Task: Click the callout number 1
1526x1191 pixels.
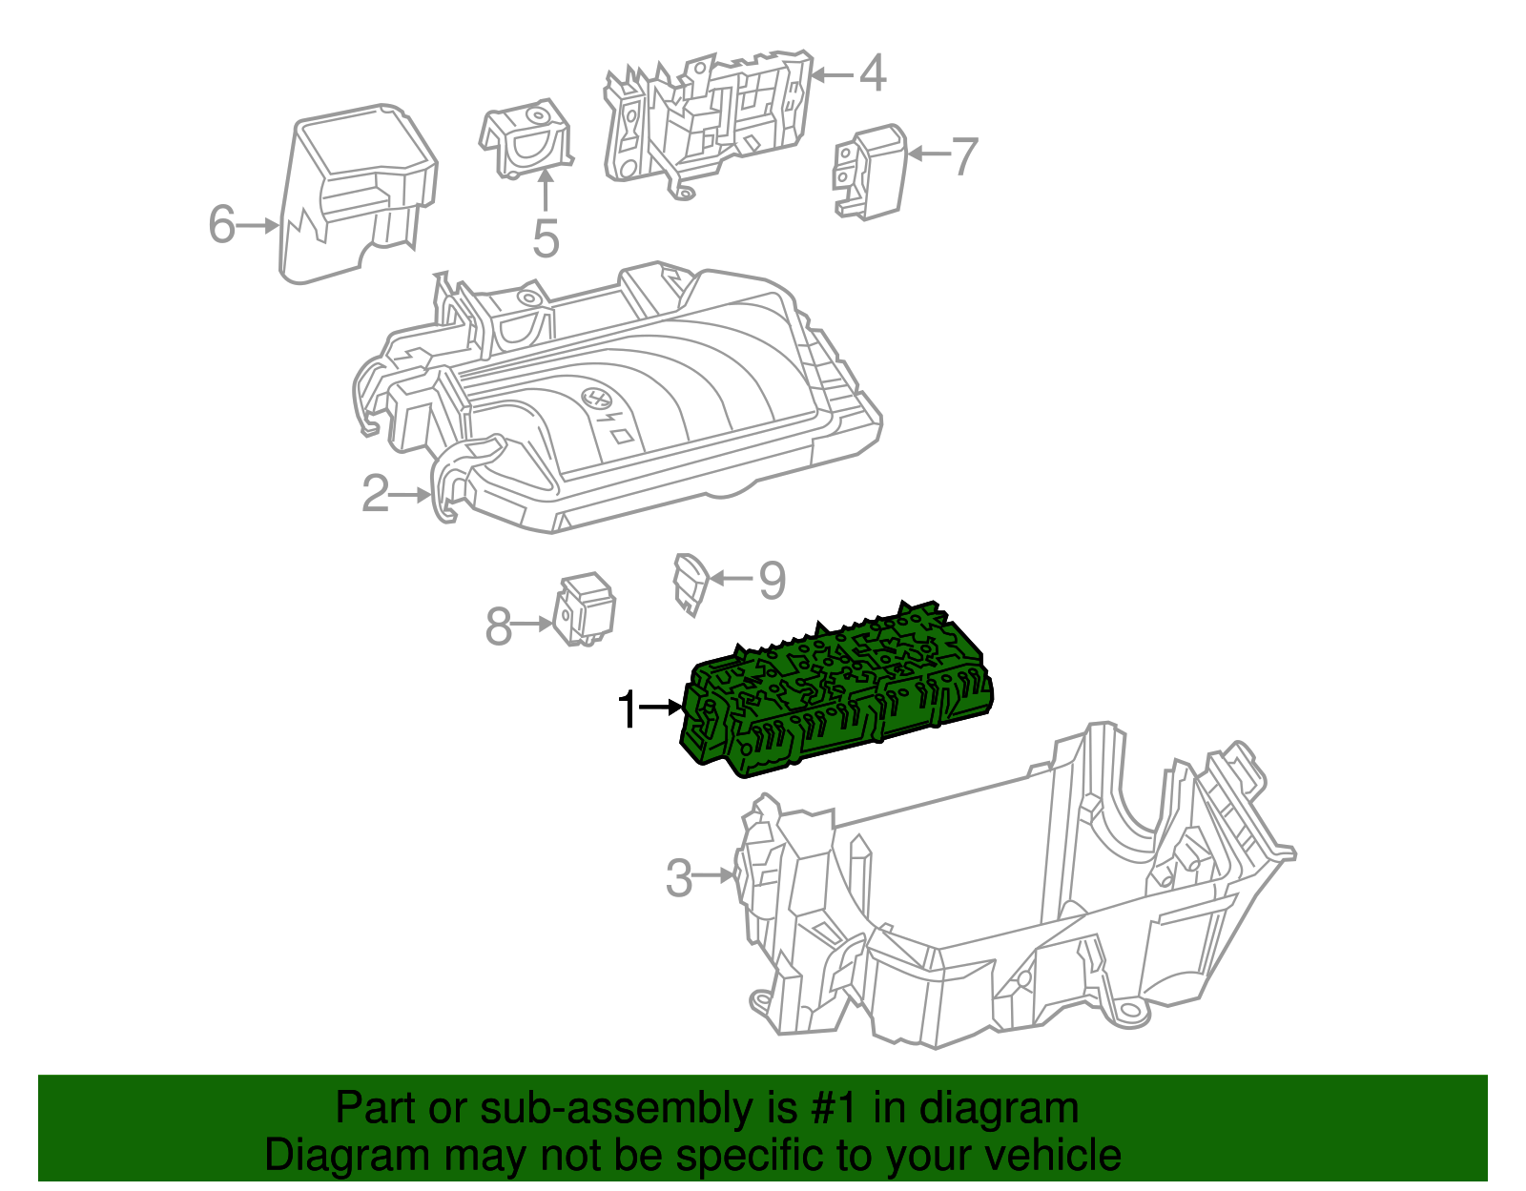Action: pyautogui.click(x=626, y=709)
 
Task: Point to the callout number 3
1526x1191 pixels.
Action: pyautogui.click(x=678, y=877)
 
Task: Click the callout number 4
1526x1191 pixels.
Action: pyautogui.click(x=873, y=73)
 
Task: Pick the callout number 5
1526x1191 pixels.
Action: pyautogui.click(x=546, y=238)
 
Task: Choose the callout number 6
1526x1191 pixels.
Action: pyautogui.click(x=221, y=225)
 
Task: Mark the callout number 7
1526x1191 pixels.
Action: pyautogui.click(x=965, y=155)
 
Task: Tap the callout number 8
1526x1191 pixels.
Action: pyautogui.click(x=498, y=627)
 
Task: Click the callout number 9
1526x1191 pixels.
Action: pyautogui.click(x=772, y=580)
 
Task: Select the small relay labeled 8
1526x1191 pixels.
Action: pyautogui.click(x=586, y=609)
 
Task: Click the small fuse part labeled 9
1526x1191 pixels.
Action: pyautogui.click(x=690, y=583)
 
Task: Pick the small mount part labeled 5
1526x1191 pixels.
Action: pyautogui.click(x=526, y=140)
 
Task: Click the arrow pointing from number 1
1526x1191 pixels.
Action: pyautogui.click(x=662, y=708)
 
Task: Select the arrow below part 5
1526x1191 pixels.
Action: pyautogui.click(x=546, y=190)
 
